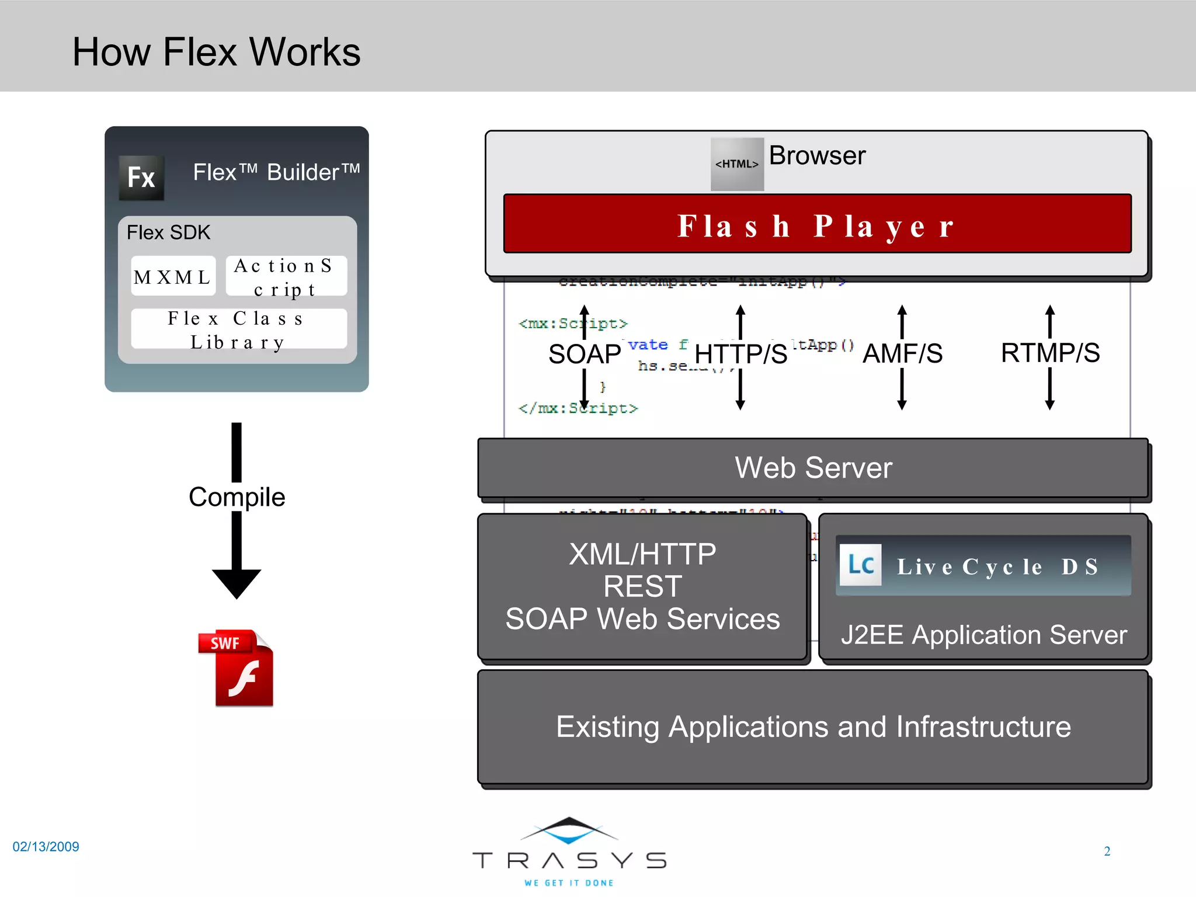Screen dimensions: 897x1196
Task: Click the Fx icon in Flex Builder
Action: point(141,178)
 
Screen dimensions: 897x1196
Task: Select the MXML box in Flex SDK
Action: point(173,276)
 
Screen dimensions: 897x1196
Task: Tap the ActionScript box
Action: point(286,276)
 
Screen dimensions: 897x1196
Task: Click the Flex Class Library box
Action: point(238,329)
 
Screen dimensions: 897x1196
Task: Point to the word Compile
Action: point(237,497)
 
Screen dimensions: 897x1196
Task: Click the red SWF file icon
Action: point(237,669)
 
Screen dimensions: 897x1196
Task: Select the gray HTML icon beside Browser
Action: point(737,164)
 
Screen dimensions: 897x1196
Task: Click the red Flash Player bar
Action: point(816,224)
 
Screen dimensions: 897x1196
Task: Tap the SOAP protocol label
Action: point(585,354)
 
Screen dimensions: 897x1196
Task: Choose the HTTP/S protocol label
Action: point(740,354)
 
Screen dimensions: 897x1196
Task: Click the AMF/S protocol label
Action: point(902,353)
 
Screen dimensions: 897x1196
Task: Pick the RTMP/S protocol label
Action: point(1050,353)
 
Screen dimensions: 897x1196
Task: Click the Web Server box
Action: point(813,468)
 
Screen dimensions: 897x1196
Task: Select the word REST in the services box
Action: point(642,586)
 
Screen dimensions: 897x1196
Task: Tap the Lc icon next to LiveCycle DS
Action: point(860,565)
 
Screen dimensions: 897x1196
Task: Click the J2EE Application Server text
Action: point(983,635)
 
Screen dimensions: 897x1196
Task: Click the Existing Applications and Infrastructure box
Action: point(813,727)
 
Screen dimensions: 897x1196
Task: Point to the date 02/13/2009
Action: point(46,846)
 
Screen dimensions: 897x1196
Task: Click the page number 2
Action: point(1107,851)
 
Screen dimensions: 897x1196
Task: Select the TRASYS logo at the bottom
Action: point(569,852)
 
